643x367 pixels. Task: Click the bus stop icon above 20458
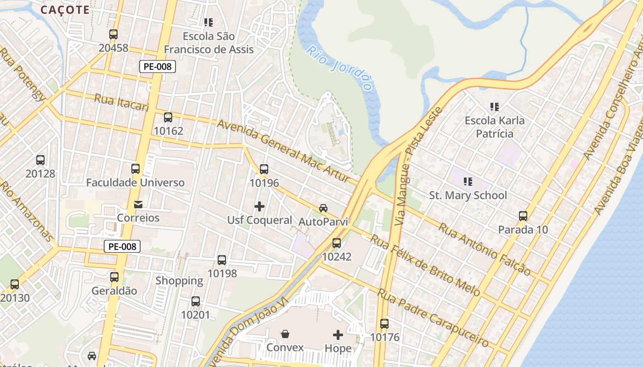click(x=113, y=34)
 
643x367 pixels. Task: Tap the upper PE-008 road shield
click(x=158, y=67)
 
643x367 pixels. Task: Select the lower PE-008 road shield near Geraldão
click(x=122, y=246)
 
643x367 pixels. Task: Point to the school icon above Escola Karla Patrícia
click(x=494, y=107)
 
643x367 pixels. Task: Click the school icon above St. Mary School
click(x=468, y=182)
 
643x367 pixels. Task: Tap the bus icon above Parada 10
click(x=523, y=216)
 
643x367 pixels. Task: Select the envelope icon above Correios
click(x=138, y=204)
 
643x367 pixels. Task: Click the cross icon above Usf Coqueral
click(x=259, y=206)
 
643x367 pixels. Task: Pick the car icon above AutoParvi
click(x=323, y=208)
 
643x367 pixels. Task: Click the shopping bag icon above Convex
click(x=285, y=334)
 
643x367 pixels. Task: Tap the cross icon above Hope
click(x=338, y=335)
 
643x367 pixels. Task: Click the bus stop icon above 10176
click(x=384, y=324)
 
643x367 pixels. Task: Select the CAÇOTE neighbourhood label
click(x=65, y=10)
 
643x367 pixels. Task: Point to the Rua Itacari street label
click(x=122, y=102)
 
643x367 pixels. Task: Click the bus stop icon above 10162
click(x=168, y=117)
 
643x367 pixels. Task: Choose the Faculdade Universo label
click(x=135, y=183)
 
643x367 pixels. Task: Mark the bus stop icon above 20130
click(x=15, y=284)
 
